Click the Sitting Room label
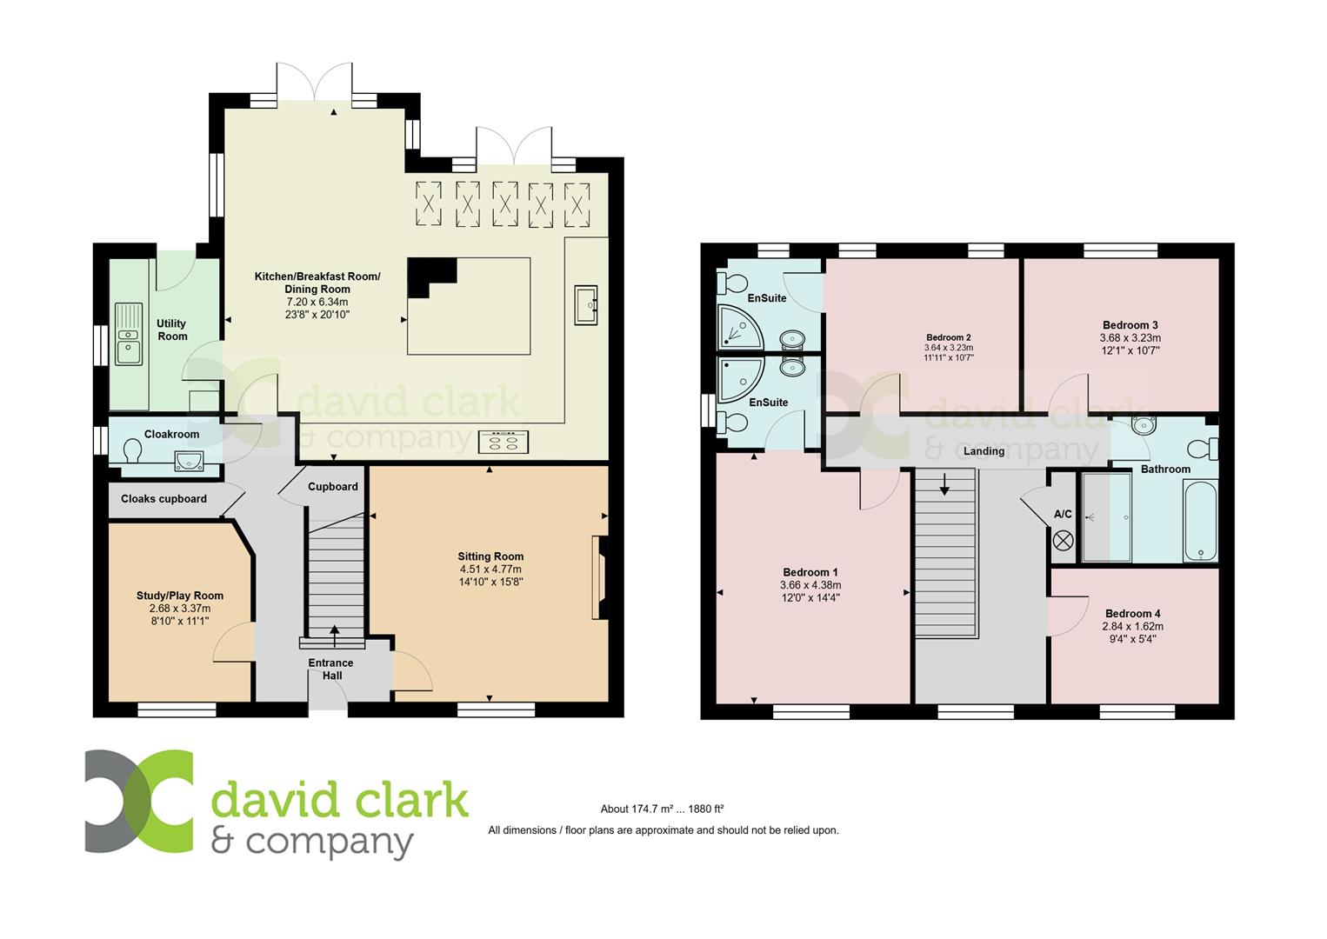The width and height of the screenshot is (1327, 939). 490,556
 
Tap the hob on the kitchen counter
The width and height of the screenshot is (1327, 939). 503,442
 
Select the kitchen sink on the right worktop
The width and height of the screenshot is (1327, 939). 587,305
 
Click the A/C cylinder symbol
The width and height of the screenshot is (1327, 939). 1063,540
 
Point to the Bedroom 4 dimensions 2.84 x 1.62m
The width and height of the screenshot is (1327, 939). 1132,626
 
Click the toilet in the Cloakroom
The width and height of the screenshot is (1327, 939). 133,453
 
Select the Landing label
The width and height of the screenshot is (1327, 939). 984,451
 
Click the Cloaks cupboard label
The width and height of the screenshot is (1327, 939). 163,499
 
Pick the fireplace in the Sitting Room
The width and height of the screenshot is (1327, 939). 598,577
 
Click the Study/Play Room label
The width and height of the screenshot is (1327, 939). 179,596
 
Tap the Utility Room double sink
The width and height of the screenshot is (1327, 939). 128,334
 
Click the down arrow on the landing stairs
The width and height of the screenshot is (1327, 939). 944,484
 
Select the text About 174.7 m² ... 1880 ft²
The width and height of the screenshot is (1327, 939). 662,809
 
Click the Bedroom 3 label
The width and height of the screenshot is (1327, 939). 1130,325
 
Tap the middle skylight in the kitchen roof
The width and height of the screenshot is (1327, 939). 505,204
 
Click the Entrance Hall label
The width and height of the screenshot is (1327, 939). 330,669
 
